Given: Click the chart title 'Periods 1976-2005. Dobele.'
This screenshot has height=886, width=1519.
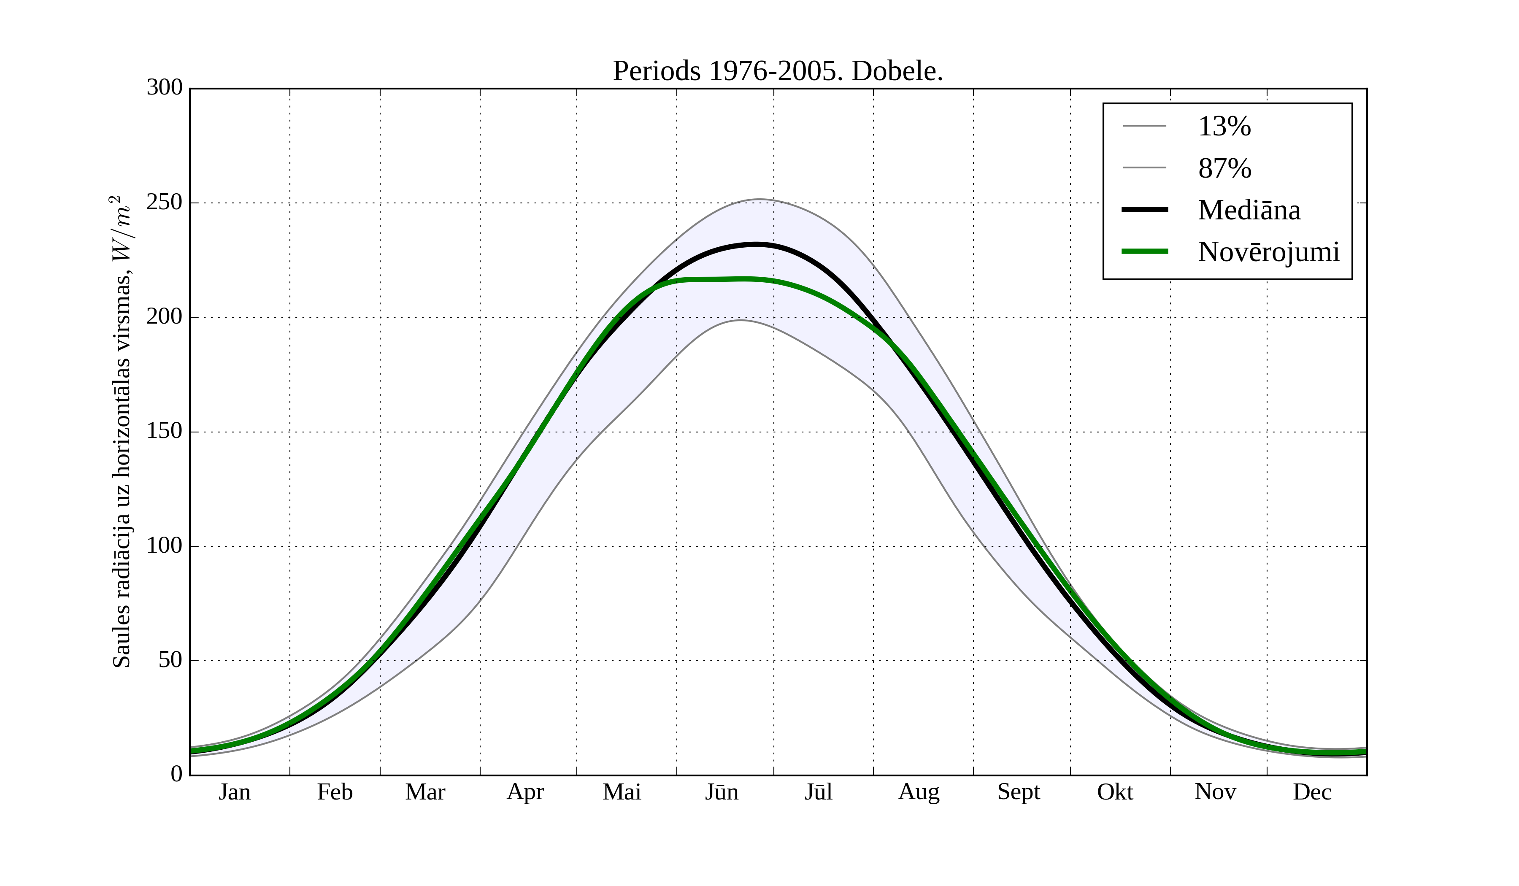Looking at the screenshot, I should coord(778,71).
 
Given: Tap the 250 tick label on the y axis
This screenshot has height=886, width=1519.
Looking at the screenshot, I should coord(165,203).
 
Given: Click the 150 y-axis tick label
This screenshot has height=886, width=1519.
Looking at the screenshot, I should coord(165,432).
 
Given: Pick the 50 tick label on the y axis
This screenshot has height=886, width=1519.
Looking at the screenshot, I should coord(170,661).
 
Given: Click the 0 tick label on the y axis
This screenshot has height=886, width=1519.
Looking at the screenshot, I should coord(177,775).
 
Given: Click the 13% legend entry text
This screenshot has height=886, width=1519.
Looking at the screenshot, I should coord(1224,127).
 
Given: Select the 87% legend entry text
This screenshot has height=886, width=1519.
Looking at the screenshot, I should coord(1224,168).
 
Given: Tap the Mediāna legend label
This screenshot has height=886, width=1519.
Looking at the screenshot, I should coord(1249,211).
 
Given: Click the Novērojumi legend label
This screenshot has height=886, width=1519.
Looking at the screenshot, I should coord(1268,252).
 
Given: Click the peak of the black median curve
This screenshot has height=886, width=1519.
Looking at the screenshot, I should coord(756,244).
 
